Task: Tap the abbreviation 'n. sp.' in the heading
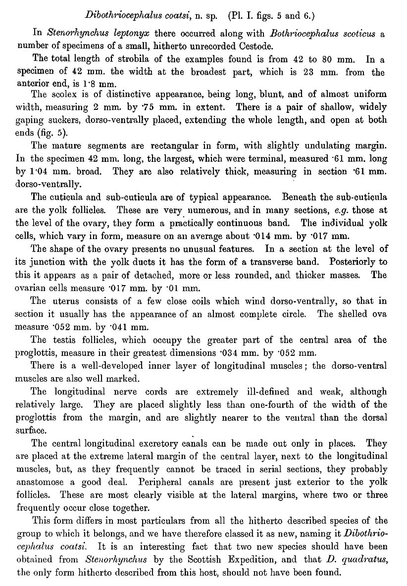coord(202,15)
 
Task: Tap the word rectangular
coord(157,146)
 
